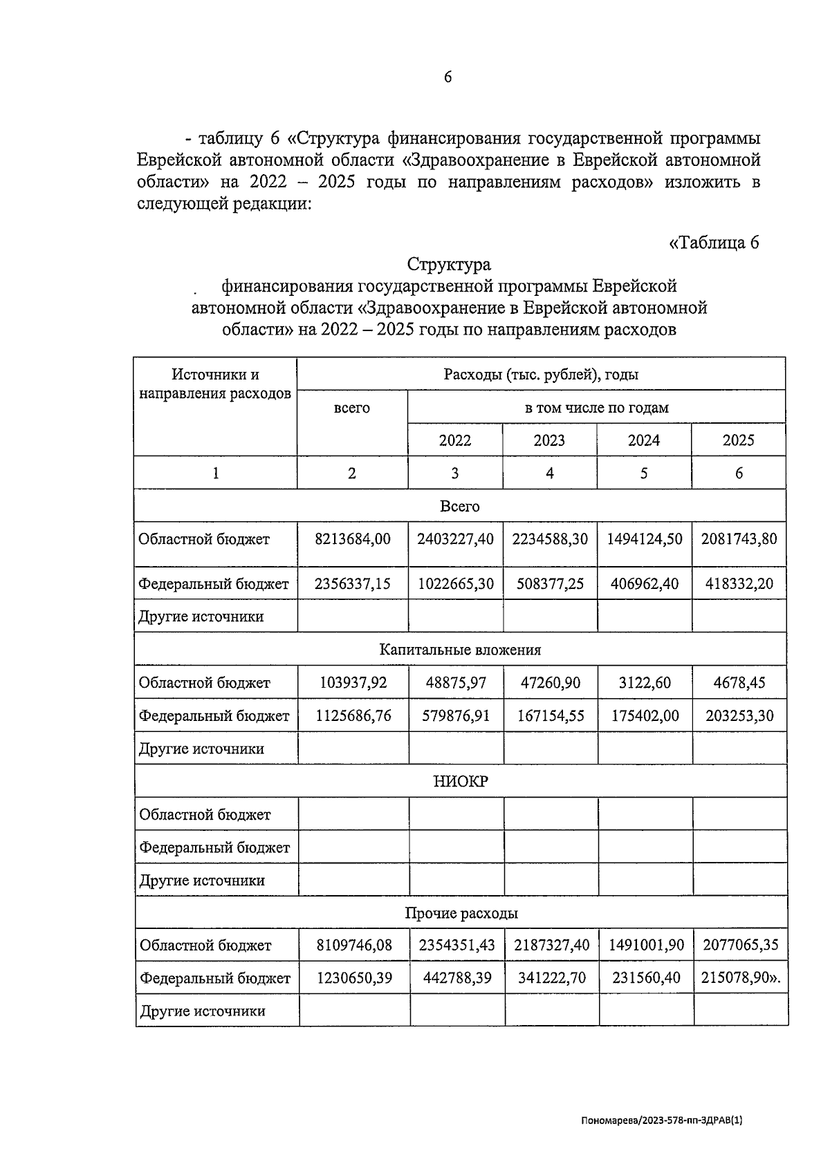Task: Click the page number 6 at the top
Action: point(448,77)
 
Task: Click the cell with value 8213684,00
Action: point(352,539)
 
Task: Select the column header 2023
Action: point(549,440)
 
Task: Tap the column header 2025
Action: point(738,440)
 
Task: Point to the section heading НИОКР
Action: point(460,781)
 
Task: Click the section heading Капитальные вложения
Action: point(460,650)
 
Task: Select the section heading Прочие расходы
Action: point(461,913)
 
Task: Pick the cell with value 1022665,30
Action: point(455,583)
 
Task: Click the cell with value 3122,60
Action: point(645,683)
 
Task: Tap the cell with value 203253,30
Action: point(739,715)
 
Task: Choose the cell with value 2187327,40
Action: point(551,945)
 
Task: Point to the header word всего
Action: point(351,408)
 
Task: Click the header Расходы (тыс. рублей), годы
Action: point(541,375)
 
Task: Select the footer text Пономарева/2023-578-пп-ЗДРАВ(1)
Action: point(661,1122)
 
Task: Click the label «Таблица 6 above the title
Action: point(714,243)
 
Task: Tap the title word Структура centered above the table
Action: point(449,264)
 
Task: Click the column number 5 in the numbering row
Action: point(644,473)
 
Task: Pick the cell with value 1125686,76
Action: point(353,715)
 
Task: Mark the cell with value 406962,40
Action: point(645,583)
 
